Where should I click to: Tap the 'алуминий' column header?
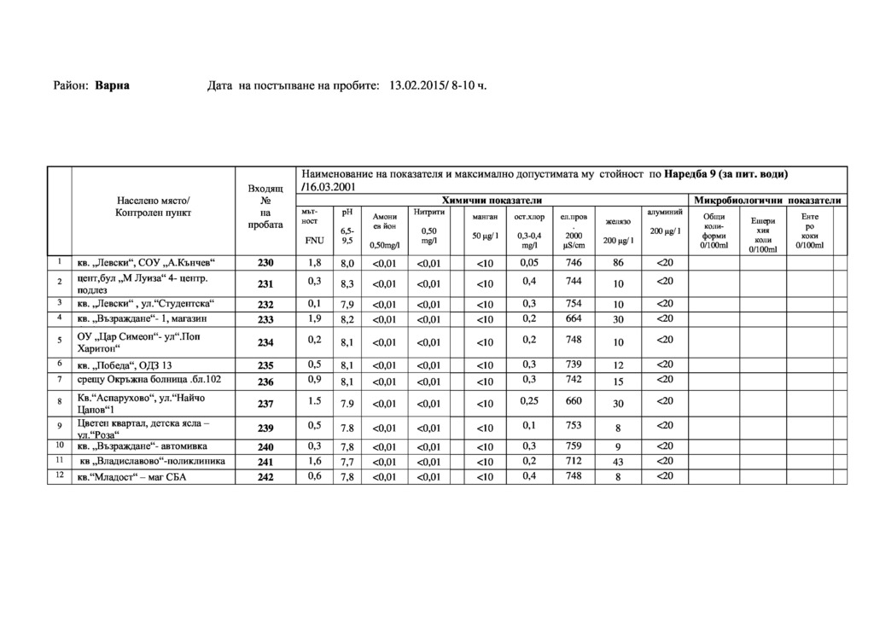tap(665, 211)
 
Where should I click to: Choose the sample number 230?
tap(265, 263)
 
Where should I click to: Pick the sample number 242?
tap(265, 477)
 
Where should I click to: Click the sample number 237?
tap(265, 404)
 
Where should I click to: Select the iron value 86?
tap(619, 263)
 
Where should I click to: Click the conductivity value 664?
tap(574, 318)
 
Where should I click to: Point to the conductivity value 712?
tap(574, 461)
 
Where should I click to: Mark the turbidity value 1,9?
tap(316, 318)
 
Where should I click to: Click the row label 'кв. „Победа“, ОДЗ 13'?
tap(125, 365)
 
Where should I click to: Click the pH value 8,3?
tap(347, 283)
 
